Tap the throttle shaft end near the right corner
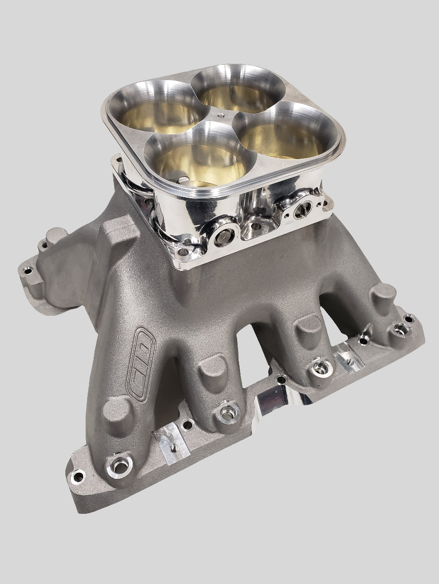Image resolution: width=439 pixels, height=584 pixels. click(x=300, y=210)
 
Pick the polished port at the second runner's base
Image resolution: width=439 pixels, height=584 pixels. click(x=227, y=414)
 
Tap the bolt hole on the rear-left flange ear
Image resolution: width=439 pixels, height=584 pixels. click(x=28, y=270)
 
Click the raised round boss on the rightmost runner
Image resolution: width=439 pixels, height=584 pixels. click(x=383, y=295)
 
